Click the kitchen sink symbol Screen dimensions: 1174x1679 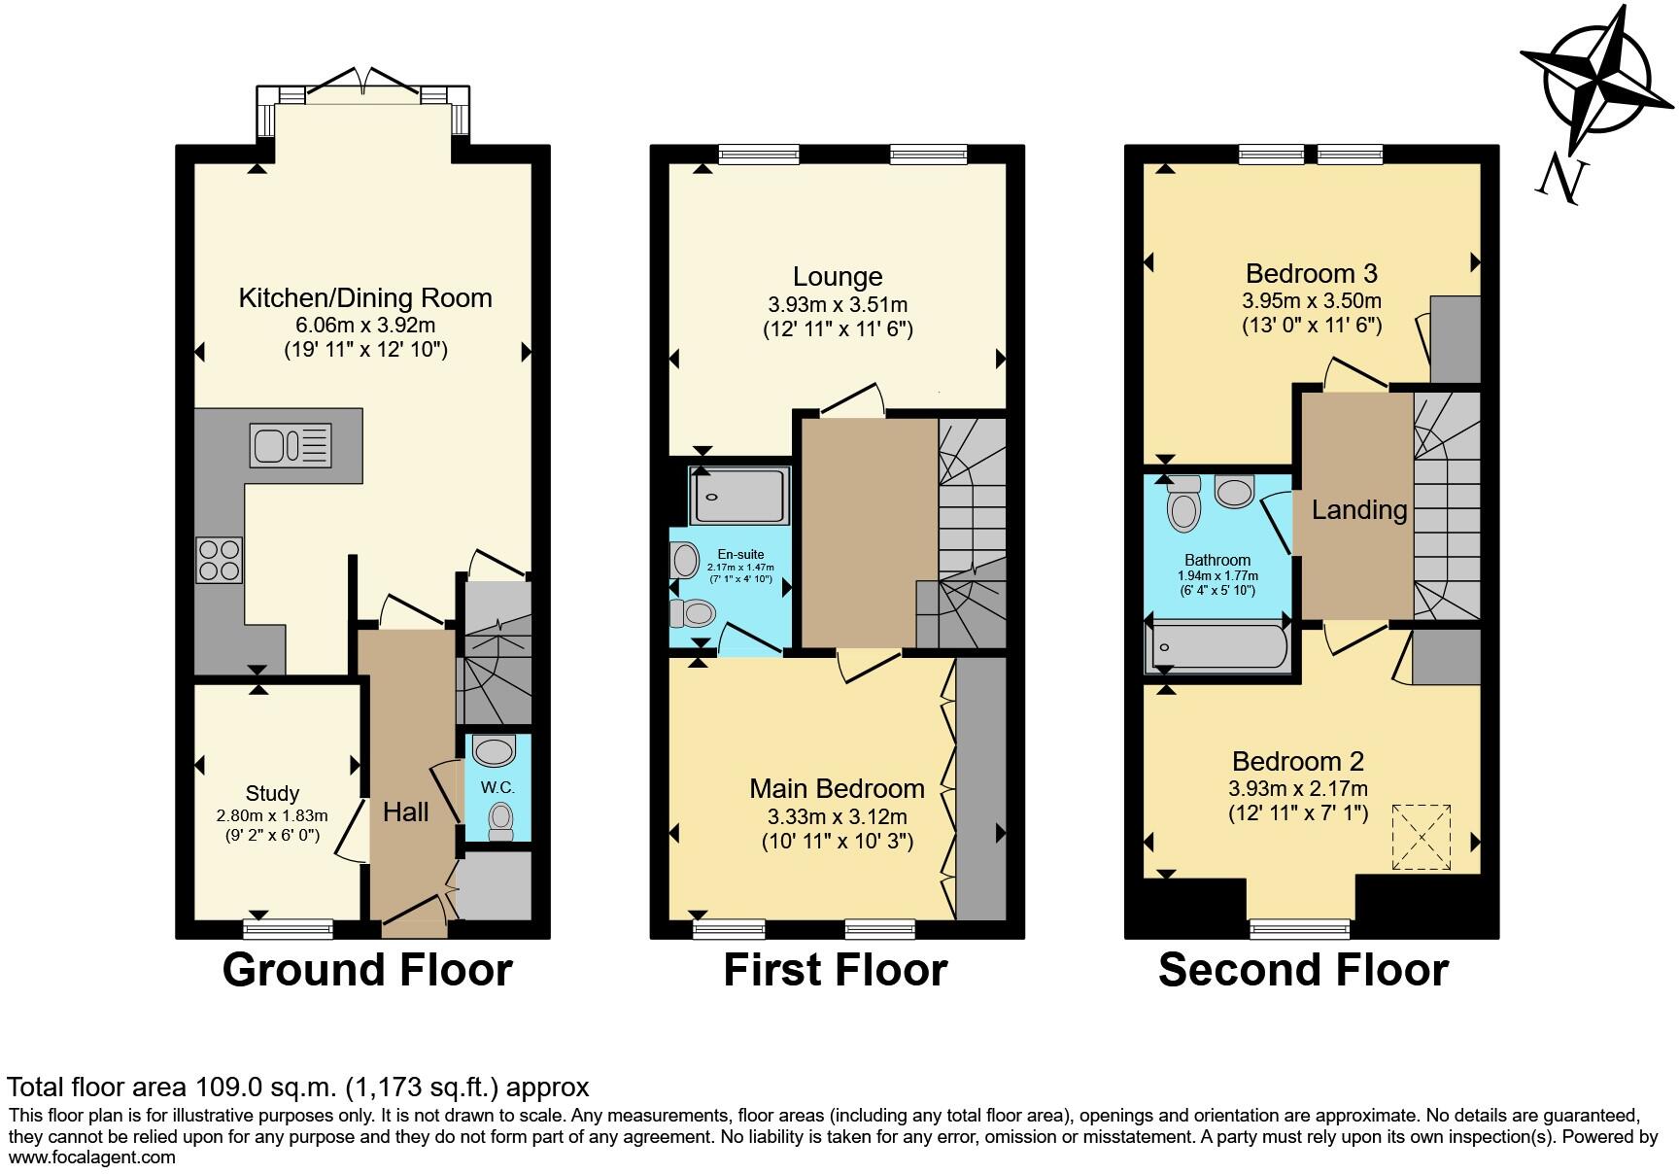click(x=291, y=446)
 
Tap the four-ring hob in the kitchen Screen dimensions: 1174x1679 click(x=219, y=560)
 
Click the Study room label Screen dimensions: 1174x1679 click(x=272, y=793)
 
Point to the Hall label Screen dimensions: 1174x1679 click(x=405, y=812)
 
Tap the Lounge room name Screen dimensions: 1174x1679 click(x=838, y=278)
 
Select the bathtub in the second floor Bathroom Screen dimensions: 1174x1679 click(x=1218, y=647)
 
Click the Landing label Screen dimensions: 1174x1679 click(x=1359, y=510)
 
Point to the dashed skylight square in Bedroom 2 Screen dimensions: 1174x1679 click(x=1422, y=837)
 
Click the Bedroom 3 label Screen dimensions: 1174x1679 click(x=1312, y=274)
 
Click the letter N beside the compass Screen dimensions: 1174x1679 click(x=1562, y=181)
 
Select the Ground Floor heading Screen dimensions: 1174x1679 click(x=367, y=970)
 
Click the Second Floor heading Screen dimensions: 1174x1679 click(x=1303, y=970)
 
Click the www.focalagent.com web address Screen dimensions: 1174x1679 click(x=92, y=1157)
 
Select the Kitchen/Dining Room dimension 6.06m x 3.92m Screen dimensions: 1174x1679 click(x=365, y=325)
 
